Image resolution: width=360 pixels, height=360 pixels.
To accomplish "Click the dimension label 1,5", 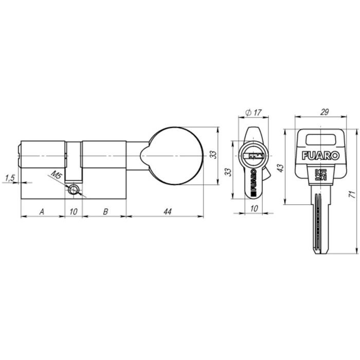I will tap(9, 178).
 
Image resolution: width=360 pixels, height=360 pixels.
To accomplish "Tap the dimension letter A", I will tap(42, 211).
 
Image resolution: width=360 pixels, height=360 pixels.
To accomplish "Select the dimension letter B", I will tap(104, 211).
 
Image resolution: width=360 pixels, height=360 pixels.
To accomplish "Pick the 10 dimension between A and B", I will tap(74, 211).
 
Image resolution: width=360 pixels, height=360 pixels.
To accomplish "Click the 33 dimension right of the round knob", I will tap(212, 155).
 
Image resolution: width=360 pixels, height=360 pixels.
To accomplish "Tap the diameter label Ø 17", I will tap(254, 112).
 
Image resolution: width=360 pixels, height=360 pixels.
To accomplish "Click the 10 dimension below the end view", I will tap(254, 208).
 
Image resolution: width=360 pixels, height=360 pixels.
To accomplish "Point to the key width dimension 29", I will tap(324, 112).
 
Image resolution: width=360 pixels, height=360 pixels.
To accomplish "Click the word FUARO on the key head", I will tap(320, 154).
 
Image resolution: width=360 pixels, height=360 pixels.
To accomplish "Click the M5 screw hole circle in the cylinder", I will tap(75, 191).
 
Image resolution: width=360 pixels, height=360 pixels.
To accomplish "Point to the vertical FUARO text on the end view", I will tap(254, 183).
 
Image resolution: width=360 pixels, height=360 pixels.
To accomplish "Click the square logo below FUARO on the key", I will tap(319, 173).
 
